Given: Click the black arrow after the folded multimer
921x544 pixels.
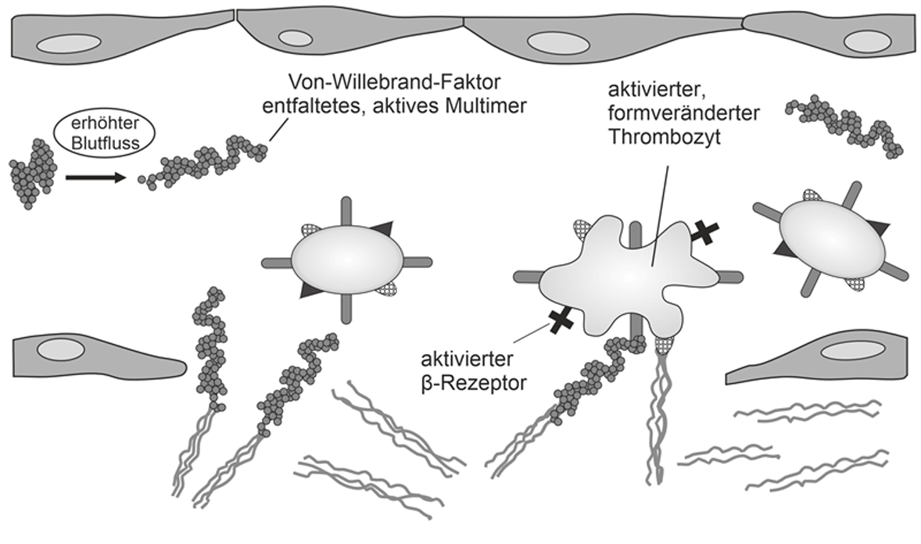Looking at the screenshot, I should point(95,177).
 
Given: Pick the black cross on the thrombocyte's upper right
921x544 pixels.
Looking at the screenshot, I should point(704,232).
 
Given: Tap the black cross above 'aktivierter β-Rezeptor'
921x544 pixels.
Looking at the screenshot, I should point(561,320).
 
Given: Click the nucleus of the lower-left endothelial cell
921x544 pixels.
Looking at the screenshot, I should point(58,350).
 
